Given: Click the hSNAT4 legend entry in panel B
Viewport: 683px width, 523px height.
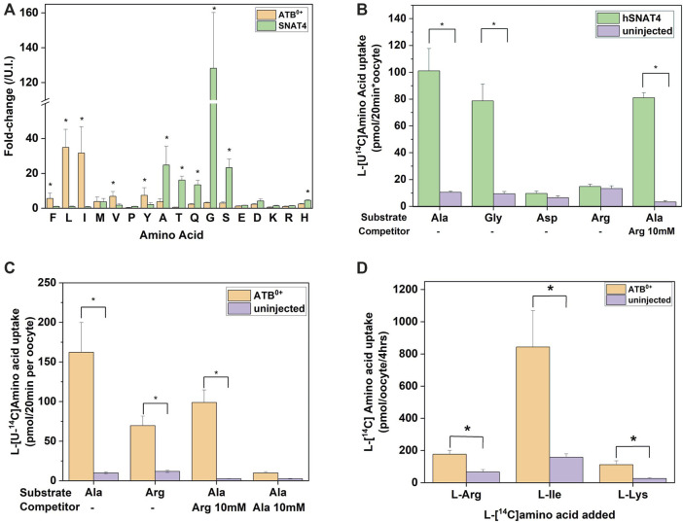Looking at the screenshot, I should coord(627,17).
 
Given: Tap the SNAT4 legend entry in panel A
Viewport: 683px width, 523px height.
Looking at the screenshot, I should coord(299,32).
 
